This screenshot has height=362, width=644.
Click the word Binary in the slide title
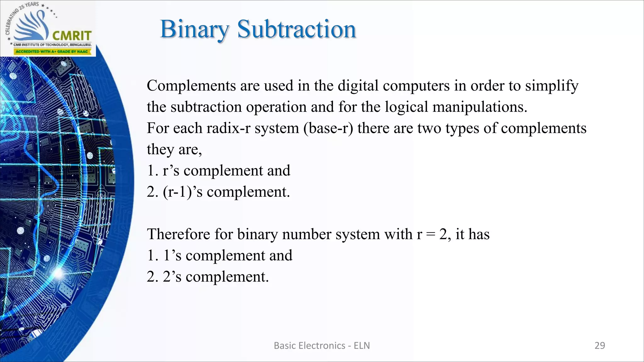[x=194, y=30]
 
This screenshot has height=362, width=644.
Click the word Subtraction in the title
[x=297, y=30]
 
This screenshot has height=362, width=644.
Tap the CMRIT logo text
[x=72, y=35]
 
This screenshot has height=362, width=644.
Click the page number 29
[x=600, y=346]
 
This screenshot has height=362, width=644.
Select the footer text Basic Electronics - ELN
[x=322, y=346]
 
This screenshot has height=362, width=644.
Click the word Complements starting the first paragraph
[x=191, y=86]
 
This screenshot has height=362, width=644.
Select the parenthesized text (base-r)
[x=328, y=128]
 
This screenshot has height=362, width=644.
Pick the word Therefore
[x=178, y=234]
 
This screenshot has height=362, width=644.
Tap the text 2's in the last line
[x=172, y=277]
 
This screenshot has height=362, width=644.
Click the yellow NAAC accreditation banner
[x=52, y=52]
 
